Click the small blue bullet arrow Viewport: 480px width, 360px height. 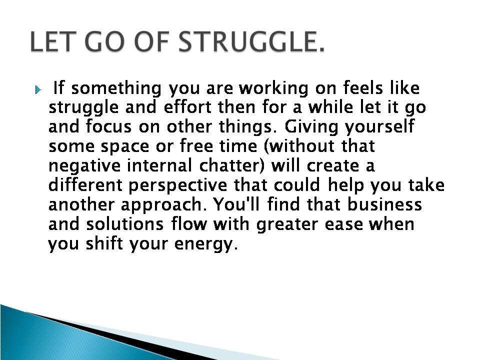(38, 90)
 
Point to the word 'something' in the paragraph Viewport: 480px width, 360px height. (116, 88)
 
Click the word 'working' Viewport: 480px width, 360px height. (273, 88)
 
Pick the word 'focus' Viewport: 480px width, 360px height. (108, 126)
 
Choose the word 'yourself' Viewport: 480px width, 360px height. (379, 127)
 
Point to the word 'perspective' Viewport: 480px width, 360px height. (177, 186)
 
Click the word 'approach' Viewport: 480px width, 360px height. (161, 205)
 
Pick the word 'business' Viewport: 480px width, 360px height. (384, 204)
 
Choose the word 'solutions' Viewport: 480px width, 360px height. (124, 224)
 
